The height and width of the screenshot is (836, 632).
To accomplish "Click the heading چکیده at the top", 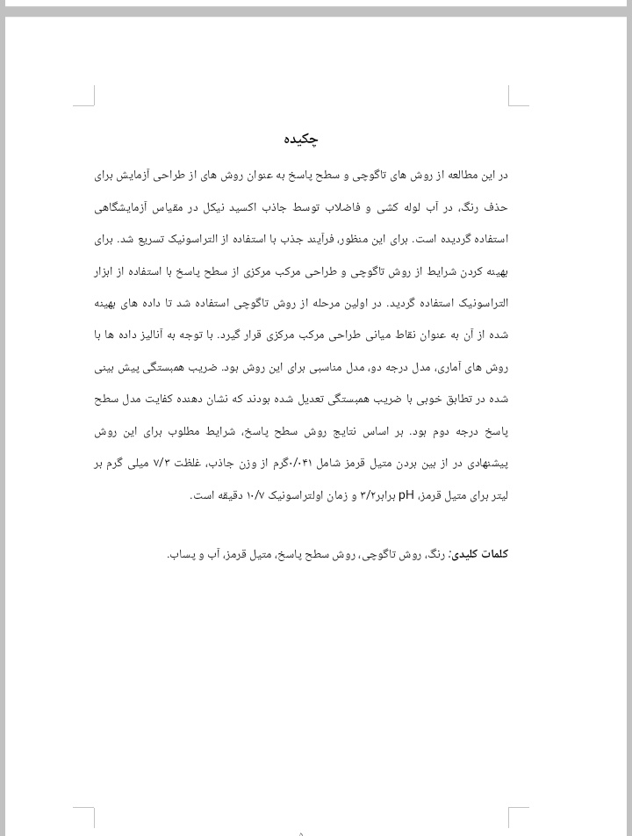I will tap(300, 139).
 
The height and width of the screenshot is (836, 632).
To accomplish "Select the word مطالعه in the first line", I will tap(444, 176).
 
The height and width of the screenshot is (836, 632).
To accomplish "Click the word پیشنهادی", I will tap(484, 464).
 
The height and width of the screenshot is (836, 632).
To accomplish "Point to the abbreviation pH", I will tap(406, 495).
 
